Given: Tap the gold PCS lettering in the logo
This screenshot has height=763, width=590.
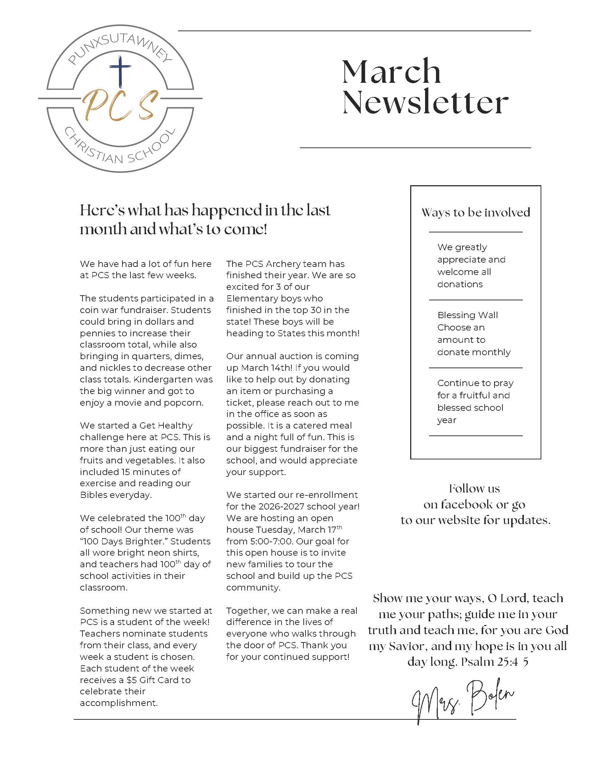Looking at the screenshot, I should (x=120, y=105).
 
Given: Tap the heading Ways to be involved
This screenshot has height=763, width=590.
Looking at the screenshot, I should (x=476, y=212).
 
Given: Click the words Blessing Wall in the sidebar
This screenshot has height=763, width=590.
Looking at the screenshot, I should (x=468, y=315).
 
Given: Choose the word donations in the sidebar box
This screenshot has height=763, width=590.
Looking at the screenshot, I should (x=460, y=284).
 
